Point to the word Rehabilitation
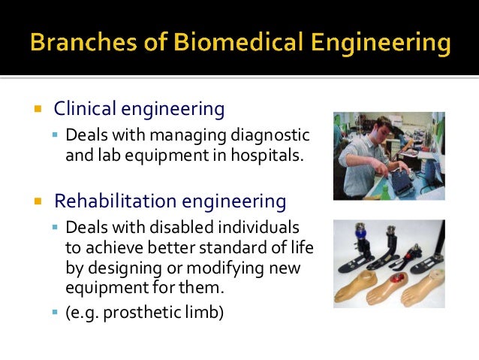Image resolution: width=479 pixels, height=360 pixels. click(114, 201)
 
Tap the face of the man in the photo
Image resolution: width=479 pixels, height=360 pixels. click(372, 127)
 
